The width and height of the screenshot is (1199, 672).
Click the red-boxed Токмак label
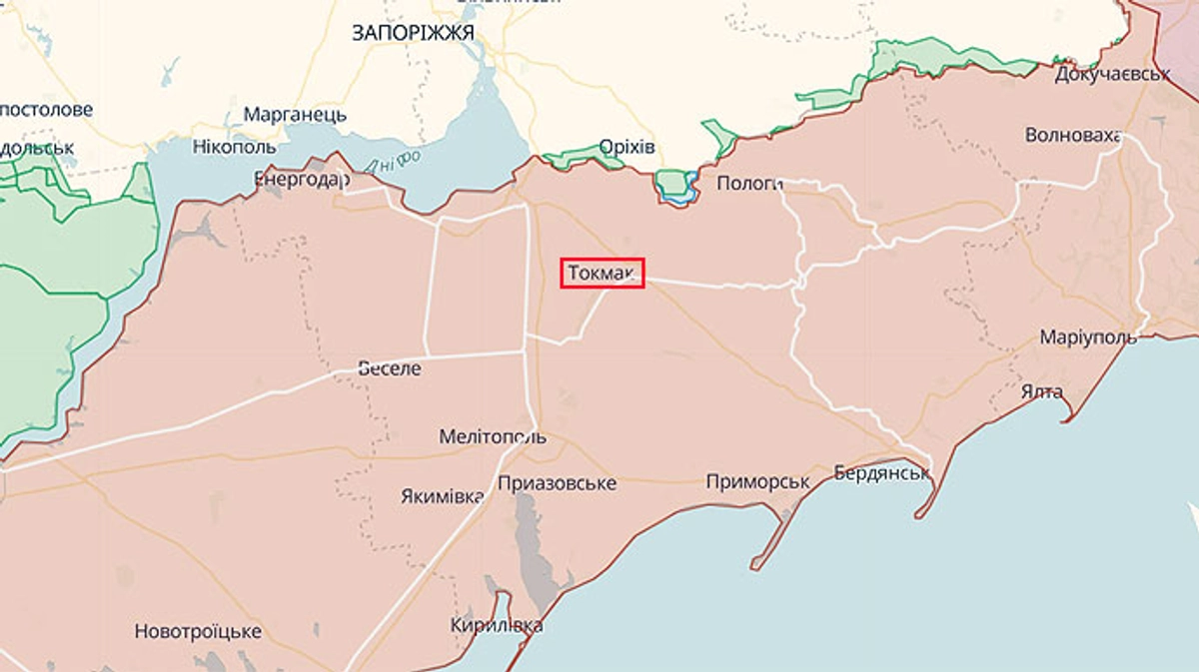coord(602,273)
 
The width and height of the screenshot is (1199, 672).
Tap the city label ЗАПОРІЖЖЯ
coord(413,32)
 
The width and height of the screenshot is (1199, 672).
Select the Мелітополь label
coord(493,437)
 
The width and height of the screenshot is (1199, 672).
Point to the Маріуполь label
coord(1088,336)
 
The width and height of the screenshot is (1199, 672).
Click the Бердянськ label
coord(882,473)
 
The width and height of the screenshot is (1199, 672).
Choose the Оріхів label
coord(626,148)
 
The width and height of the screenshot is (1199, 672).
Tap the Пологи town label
coord(748,183)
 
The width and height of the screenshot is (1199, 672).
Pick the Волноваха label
coord(1073,136)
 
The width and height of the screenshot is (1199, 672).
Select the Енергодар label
coord(302,180)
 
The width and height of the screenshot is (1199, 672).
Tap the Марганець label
coord(295,114)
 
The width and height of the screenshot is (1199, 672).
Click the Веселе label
coord(390,368)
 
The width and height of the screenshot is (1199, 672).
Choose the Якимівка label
coord(442,495)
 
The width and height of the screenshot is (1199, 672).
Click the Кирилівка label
coord(497,626)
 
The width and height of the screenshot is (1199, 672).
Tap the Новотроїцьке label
coord(198,631)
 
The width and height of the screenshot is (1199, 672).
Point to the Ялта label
coord(1042,391)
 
